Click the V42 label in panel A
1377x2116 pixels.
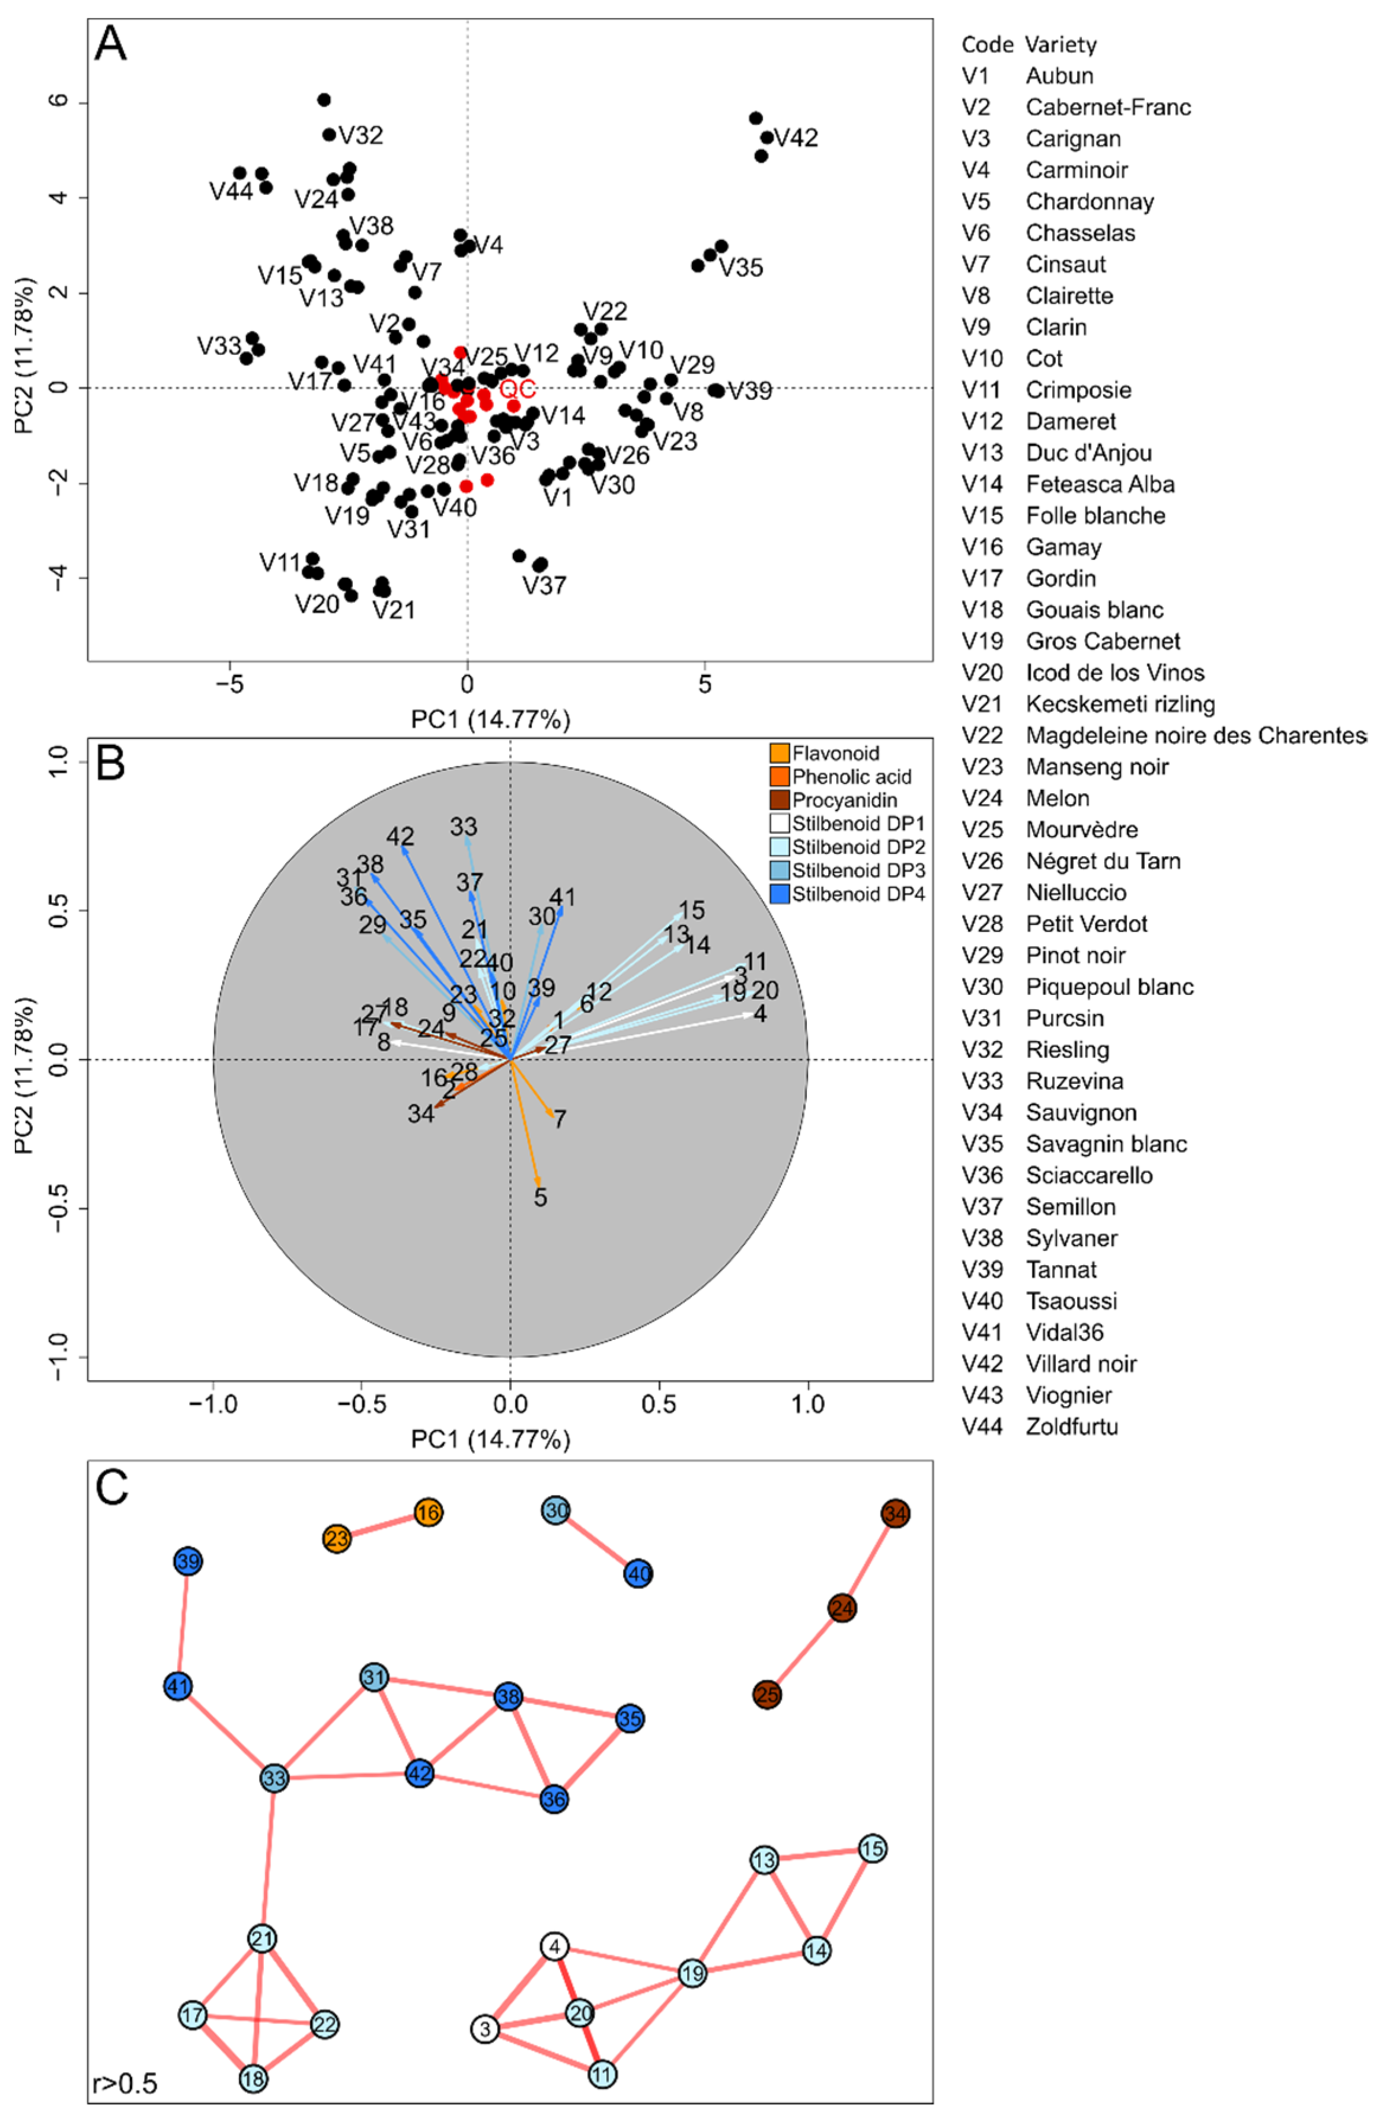pyautogui.click(x=796, y=138)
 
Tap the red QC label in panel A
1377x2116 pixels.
pyautogui.click(x=517, y=389)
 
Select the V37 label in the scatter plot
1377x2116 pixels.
pyautogui.click(x=544, y=585)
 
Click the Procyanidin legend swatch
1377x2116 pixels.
pyautogui.click(x=779, y=799)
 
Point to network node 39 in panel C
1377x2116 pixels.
pyautogui.click(x=188, y=1562)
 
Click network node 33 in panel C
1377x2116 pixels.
pyautogui.click(x=275, y=1779)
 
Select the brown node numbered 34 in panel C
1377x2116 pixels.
pyautogui.click(x=896, y=1513)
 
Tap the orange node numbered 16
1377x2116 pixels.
pyautogui.click(x=429, y=1512)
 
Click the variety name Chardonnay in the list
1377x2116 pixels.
pyautogui.click(x=1090, y=202)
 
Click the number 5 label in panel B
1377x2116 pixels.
pyautogui.click(x=541, y=1198)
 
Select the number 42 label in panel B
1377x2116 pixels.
pyautogui.click(x=400, y=837)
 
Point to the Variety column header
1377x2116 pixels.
pyautogui.click(x=1060, y=44)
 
